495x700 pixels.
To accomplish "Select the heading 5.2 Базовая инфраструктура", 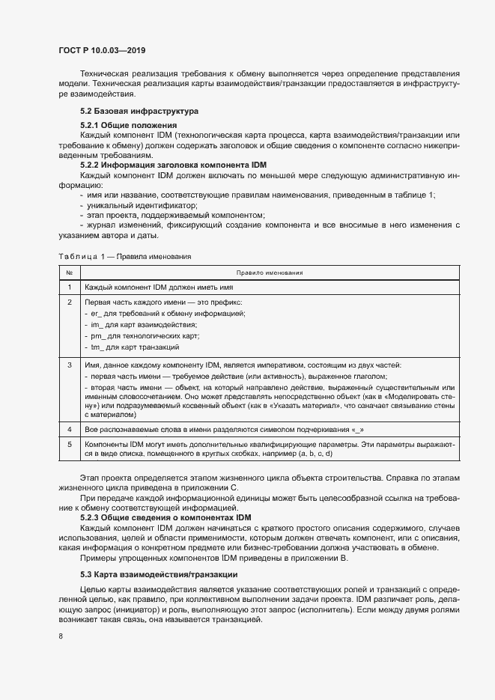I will click(x=129, y=110).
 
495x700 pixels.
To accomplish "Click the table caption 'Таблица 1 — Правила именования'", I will click(x=125, y=256).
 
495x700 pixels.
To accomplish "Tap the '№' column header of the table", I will click(x=69, y=273).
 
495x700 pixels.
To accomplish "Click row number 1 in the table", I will click(x=69, y=287).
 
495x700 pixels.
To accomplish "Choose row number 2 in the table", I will click(x=69, y=302).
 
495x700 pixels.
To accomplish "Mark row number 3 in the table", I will click(x=69, y=365).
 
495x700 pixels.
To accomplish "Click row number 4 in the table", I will click(x=69, y=429).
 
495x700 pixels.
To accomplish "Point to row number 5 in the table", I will click(x=69, y=444).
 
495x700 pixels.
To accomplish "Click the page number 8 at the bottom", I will click(x=60, y=636).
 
